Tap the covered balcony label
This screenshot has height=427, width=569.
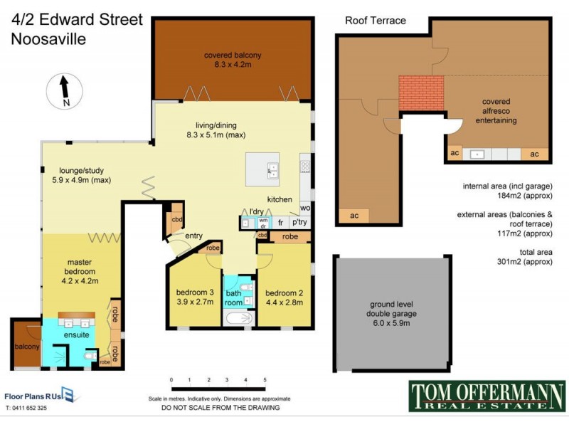click(233, 60)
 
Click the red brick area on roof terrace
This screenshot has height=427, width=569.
click(421, 96)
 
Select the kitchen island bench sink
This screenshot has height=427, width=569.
click(272, 170)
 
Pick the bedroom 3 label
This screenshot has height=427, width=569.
click(195, 297)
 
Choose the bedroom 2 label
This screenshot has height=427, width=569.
click(284, 297)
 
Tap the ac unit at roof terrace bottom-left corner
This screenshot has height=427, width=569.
click(353, 216)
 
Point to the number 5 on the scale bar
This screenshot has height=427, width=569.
click(265, 381)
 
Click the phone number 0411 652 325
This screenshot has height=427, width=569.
click(26, 408)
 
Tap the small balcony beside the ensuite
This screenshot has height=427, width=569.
click(26, 347)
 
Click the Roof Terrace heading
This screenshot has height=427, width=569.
click(376, 21)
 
